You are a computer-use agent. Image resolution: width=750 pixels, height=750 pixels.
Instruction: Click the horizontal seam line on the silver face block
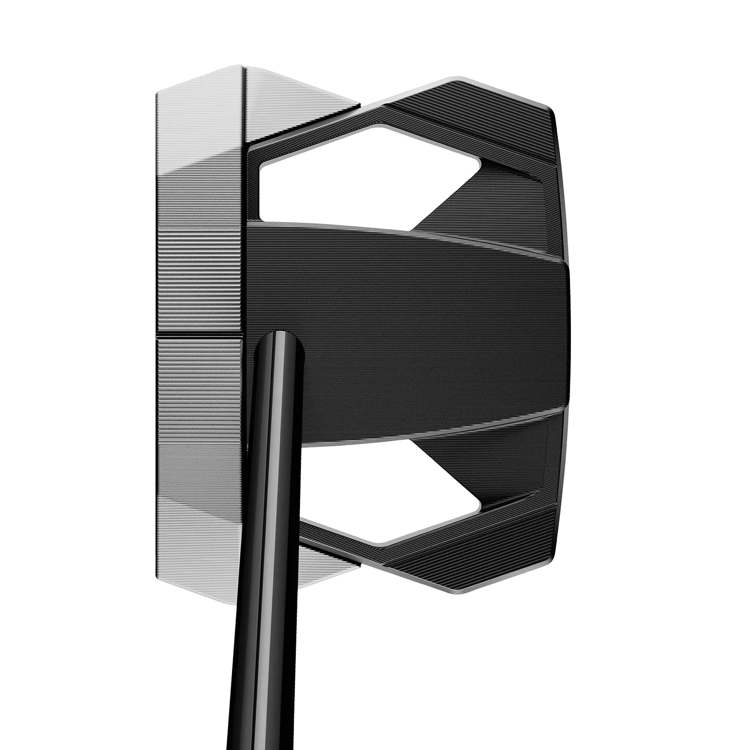[x=200, y=334]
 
